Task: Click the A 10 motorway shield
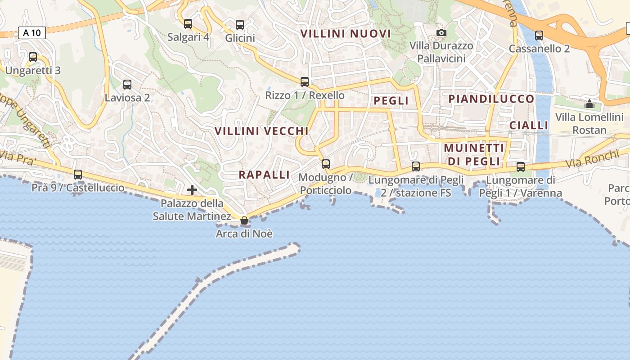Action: pos(32,32)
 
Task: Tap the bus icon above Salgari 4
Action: pos(188,24)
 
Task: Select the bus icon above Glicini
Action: pos(240,25)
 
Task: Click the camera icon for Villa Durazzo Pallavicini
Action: pos(441,32)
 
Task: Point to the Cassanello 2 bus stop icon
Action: pos(539,35)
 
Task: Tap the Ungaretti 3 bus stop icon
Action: pos(33,57)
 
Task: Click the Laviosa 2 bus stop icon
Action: pos(127,84)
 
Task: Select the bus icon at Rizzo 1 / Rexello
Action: pos(305,82)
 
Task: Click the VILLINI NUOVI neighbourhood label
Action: pos(346,34)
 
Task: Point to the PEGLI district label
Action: pos(391,101)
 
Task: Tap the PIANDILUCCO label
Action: pos(491,99)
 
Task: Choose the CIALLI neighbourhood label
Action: pos(529,125)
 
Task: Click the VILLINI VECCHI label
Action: pos(261,131)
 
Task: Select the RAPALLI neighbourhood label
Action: pos(264,175)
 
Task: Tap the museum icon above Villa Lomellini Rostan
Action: pos(589,104)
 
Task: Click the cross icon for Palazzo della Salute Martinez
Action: pos(192,190)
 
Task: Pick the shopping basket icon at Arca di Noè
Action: pos(244,220)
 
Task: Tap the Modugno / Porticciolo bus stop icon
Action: pos(326,164)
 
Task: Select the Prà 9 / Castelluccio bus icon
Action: pos(78,175)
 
